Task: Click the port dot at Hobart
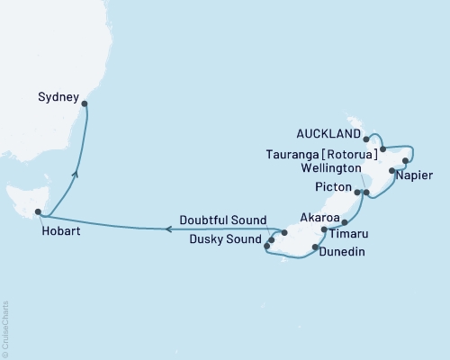click(x=38, y=213)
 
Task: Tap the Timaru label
click(x=347, y=233)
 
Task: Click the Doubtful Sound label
click(x=222, y=220)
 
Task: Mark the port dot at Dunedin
click(x=314, y=246)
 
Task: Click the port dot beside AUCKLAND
click(x=366, y=139)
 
